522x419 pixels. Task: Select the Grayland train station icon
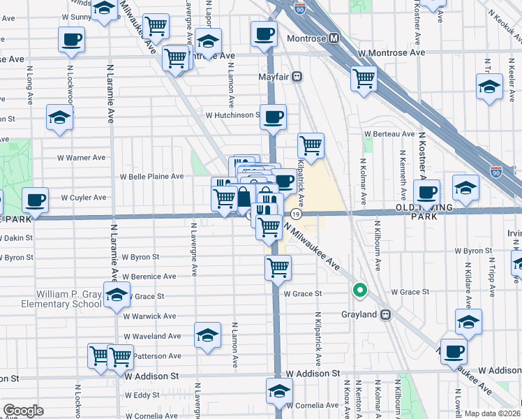(384, 314)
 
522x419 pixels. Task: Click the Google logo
(23, 411)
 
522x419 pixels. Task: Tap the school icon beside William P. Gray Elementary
(117, 295)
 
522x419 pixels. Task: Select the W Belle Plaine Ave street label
(152, 177)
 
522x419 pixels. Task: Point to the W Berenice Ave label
(149, 277)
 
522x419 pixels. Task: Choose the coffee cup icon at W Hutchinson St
(273, 117)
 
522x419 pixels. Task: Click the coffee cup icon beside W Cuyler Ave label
(35, 200)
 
